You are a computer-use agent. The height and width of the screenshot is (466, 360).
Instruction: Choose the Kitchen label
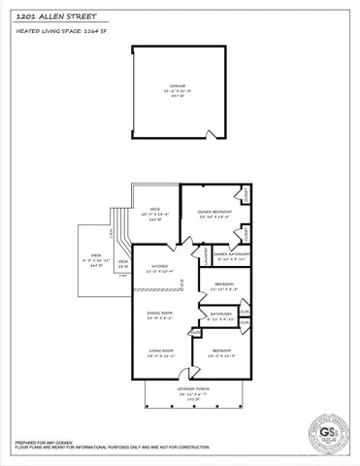(x=160, y=268)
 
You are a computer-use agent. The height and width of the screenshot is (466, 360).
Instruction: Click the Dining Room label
(x=160, y=315)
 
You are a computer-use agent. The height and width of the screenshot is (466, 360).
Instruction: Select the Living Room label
(x=160, y=353)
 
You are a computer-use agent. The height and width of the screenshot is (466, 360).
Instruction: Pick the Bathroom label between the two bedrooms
(x=220, y=316)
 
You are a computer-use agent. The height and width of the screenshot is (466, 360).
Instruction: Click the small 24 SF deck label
(x=123, y=263)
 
